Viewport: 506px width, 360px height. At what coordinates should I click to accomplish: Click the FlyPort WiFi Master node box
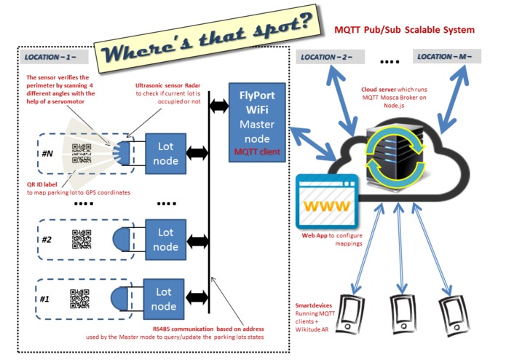pyautogui.click(x=257, y=122)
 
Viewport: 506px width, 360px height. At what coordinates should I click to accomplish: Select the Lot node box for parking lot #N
pyautogui.click(x=165, y=154)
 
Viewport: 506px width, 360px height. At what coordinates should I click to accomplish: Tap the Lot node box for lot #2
pyautogui.click(x=165, y=240)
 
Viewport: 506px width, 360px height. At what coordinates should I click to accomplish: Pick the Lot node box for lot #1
pyautogui.click(x=164, y=299)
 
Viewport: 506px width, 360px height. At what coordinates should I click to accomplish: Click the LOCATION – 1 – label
pyautogui.click(x=54, y=57)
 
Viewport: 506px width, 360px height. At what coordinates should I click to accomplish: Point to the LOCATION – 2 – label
pyautogui.click(x=330, y=57)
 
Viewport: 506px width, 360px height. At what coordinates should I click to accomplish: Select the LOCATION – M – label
pyautogui.click(x=447, y=57)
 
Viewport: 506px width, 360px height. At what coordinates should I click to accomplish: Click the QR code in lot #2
pyautogui.click(x=82, y=239)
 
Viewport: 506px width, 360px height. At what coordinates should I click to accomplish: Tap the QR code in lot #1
pyautogui.click(x=79, y=299)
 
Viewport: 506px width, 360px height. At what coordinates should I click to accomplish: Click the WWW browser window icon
pyautogui.click(x=327, y=201)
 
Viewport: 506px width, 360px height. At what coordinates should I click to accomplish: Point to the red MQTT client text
pyautogui.click(x=257, y=152)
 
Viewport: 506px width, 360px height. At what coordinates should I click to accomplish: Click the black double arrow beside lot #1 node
pyautogui.click(x=197, y=297)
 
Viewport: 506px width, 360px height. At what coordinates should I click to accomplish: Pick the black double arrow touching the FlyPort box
pyautogui.click(x=219, y=106)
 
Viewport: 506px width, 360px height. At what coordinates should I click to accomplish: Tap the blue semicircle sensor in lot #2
pyautogui.click(x=122, y=240)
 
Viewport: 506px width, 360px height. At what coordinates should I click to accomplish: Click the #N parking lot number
pyautogui.click(x=47, y=153)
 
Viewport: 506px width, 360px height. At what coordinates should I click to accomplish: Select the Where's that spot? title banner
pyautogui.click(x=208, y=39)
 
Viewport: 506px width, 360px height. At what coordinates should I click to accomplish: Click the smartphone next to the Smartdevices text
pyautogui.click(x=350, y=315)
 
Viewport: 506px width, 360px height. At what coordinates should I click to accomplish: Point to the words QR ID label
pyautogui.click(x=42, y=184)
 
